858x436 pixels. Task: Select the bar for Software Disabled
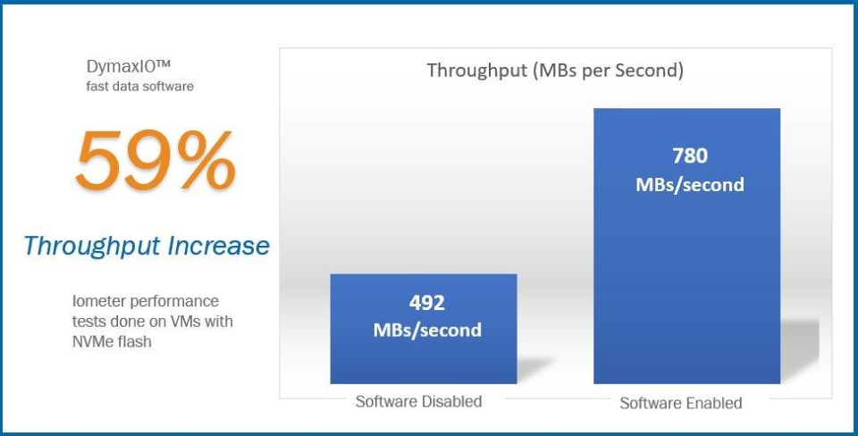click(x=423, y=357)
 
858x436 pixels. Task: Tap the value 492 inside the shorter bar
click(x=427, y=302)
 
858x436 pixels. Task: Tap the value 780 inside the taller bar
click(x=689, y=155)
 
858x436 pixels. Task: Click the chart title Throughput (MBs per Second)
click(x=554, y=71)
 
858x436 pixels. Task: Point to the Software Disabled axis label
click(x=418, y=401)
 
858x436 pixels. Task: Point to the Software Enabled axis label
click(x=681, y=403)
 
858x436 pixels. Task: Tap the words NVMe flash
click(x=113, y=341)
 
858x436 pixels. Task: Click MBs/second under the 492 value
click(x=427, y=330)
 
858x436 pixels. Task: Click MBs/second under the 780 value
click(x=689, y=185)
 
